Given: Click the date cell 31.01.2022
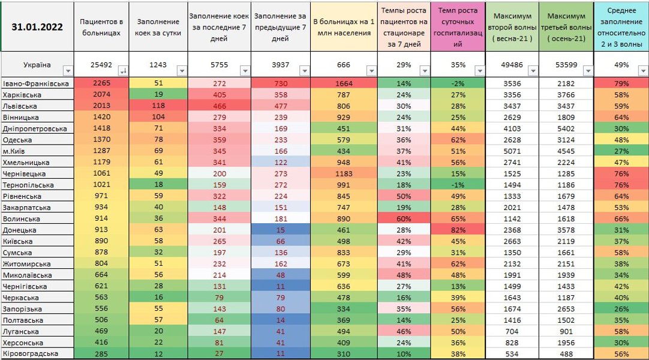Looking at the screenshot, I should click(x=37, y=26).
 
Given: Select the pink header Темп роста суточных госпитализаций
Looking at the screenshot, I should click(x=458, y=27).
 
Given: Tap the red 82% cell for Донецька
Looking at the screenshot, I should click(x=458, y=230).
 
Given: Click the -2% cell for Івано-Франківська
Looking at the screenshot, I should click(x=458, y=83).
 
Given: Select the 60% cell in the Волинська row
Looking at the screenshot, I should click(x=404, y=218).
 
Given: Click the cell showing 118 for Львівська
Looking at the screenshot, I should click(x=159, y=106).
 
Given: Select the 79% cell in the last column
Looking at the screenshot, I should click(x=621, y=83).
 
